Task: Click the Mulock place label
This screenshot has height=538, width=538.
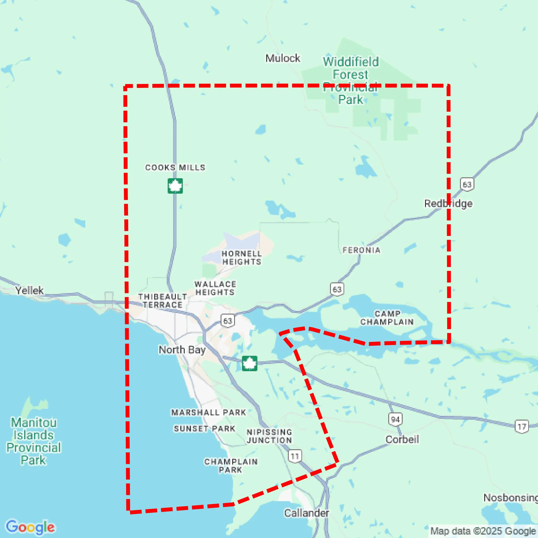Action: coord(283,58)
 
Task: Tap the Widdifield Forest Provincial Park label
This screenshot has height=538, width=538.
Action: coord(351,81)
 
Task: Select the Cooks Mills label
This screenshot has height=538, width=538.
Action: coord(175,168)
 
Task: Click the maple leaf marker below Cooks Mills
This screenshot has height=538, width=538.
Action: coord(175,186)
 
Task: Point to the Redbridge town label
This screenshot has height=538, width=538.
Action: coord(448,204)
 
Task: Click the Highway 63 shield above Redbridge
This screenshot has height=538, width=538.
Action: coord(467,184)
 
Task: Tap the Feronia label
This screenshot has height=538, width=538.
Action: coord(361,250)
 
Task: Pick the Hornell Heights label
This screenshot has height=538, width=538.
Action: coord(242,258)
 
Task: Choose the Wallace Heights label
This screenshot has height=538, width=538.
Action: coord(215,288)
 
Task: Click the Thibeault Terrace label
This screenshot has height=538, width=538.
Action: coord(163,301)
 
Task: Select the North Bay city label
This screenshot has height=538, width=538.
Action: coord(182,350)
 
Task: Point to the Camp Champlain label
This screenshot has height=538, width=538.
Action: coord(387,318)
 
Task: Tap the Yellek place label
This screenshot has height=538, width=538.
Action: coord(29,291)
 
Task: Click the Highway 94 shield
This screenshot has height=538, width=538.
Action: coord(395,419)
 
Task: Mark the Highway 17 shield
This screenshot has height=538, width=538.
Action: coord(521,427)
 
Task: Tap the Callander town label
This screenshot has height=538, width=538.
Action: coord(306,513)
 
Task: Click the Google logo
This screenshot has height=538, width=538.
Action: coord(30,527)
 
